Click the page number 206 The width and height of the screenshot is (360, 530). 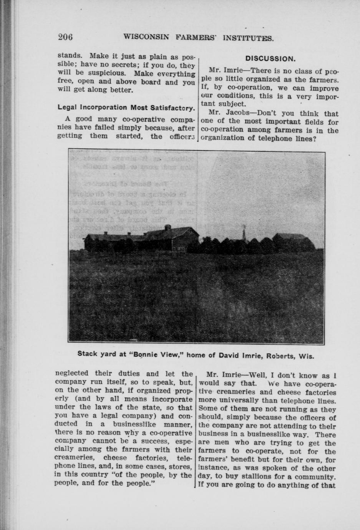tap(65, 37)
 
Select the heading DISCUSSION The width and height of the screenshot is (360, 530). tap(270, 59)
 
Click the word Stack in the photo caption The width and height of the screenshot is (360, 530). tap(87, 354)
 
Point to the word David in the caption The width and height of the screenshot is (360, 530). tap(229, 355)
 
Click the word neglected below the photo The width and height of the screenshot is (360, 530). tap(72, 373)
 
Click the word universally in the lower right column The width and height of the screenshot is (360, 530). tap(237, 401)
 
